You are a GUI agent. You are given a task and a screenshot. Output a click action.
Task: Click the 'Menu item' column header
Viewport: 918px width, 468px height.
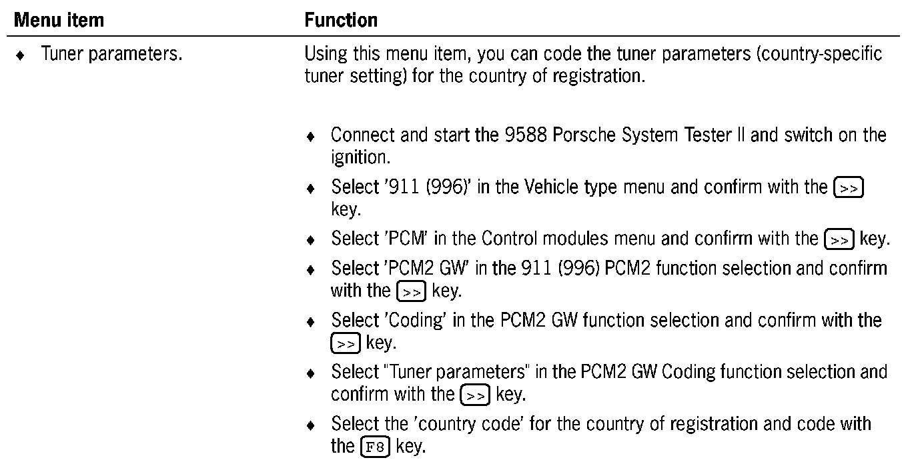[59, 20]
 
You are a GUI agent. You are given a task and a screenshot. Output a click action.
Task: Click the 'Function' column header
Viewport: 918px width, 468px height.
[341, 20]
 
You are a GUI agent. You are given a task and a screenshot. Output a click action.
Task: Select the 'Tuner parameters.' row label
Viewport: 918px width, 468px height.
[111, 54]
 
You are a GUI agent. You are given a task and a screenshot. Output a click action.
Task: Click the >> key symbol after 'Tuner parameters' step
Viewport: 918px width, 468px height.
[476, 394]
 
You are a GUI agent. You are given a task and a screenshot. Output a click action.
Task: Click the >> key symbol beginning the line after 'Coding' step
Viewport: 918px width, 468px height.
[346, 343]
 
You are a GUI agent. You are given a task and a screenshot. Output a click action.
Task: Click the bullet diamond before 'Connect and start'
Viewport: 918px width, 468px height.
[310, 137]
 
